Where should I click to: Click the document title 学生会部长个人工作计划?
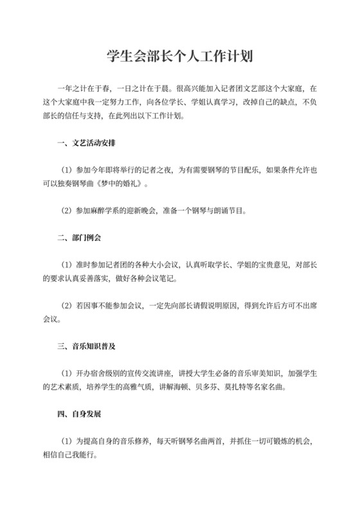click(x=180, y=57)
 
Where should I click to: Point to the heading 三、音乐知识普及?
click(x=85, y=346)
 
